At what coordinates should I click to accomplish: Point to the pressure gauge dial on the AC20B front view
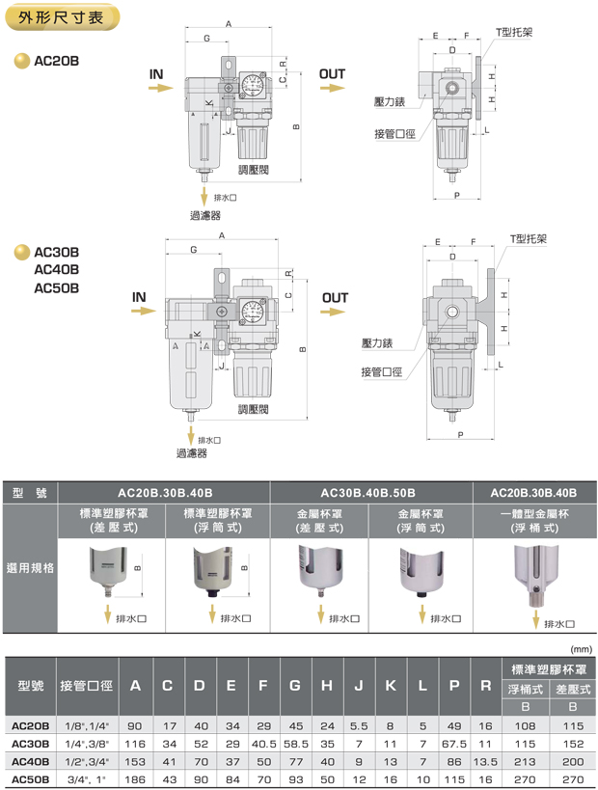[255, 84]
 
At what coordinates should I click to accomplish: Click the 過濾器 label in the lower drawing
[191, 453]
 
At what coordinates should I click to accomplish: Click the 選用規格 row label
[30, 568]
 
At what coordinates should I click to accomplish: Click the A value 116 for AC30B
[135, 744]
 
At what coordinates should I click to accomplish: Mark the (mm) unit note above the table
[581, 648]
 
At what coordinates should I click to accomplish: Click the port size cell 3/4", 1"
[87, 777]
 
